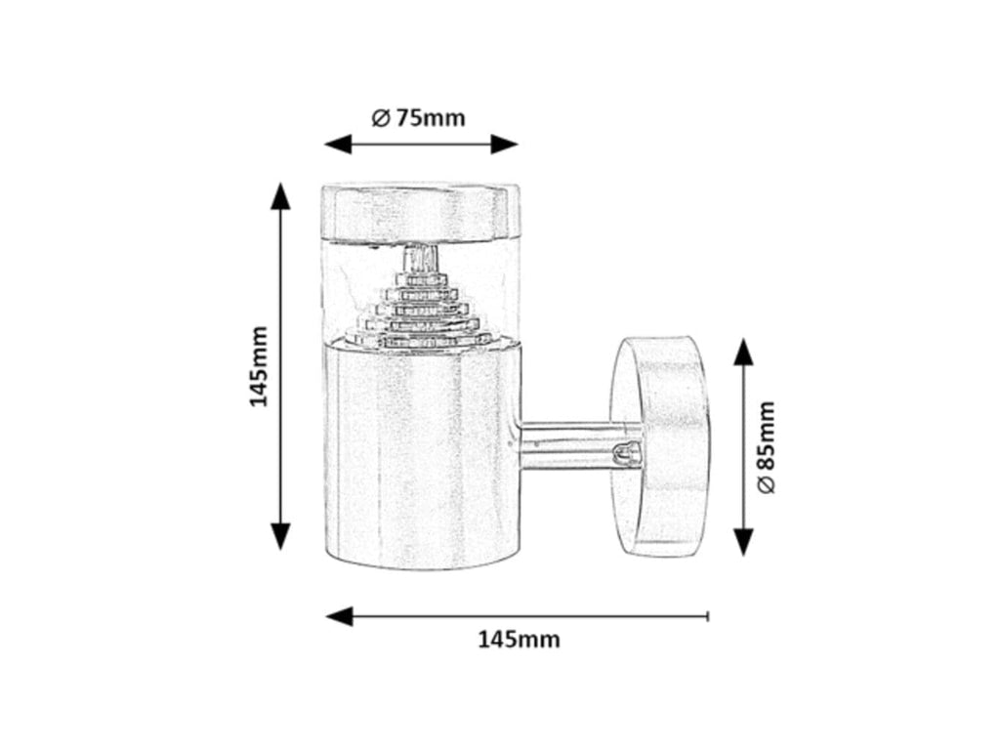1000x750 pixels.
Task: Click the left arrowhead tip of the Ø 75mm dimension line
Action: point(324,145)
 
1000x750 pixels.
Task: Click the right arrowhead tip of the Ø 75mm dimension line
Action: point(518,145)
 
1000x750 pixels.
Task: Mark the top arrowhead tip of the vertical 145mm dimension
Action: point(280,183)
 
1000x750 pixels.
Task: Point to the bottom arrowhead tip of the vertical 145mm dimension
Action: point(280,551)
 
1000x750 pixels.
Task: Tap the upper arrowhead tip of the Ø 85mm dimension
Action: point(743,338)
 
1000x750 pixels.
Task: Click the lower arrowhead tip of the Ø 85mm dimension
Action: point(743,556)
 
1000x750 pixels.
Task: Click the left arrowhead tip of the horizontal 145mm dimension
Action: point(325,616)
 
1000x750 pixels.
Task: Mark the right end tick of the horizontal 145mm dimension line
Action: point(708,616)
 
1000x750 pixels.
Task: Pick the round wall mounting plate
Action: point(660,446)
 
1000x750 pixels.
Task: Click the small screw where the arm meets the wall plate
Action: point(625,454)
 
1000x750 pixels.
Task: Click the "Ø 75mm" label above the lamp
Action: point(418,118)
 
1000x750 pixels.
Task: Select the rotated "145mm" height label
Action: point(258,367)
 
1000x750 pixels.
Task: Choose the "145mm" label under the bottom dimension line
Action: point(520,639)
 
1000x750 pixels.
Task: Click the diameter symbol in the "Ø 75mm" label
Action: point(380,118)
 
